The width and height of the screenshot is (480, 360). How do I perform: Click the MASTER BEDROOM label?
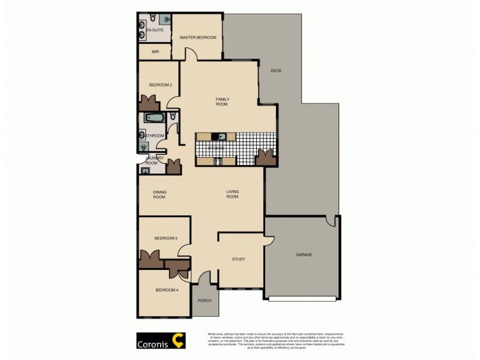click(197, 38)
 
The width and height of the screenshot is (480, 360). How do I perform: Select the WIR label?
click(155, 52)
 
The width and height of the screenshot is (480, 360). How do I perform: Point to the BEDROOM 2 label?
click(160, 85)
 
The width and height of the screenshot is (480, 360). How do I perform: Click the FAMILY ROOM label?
click(223, 102)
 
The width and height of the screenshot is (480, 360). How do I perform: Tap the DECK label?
click(275, 71)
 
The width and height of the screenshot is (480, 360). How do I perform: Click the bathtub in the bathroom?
click(155, 118)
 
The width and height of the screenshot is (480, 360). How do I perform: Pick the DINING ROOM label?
click(159, 194)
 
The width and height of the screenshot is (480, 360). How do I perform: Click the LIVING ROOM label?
click(232, 194)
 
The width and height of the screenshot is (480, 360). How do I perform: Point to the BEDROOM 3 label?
click(166, 238)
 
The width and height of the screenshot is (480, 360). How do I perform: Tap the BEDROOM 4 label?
click(166, 290)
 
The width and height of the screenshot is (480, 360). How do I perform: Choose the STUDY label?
click(239, 259)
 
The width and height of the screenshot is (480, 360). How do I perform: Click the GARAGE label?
click(304, 255)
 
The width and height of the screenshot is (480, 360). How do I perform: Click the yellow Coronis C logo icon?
click(178, 341)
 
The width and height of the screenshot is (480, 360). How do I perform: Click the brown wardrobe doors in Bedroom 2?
click(148, 103)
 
